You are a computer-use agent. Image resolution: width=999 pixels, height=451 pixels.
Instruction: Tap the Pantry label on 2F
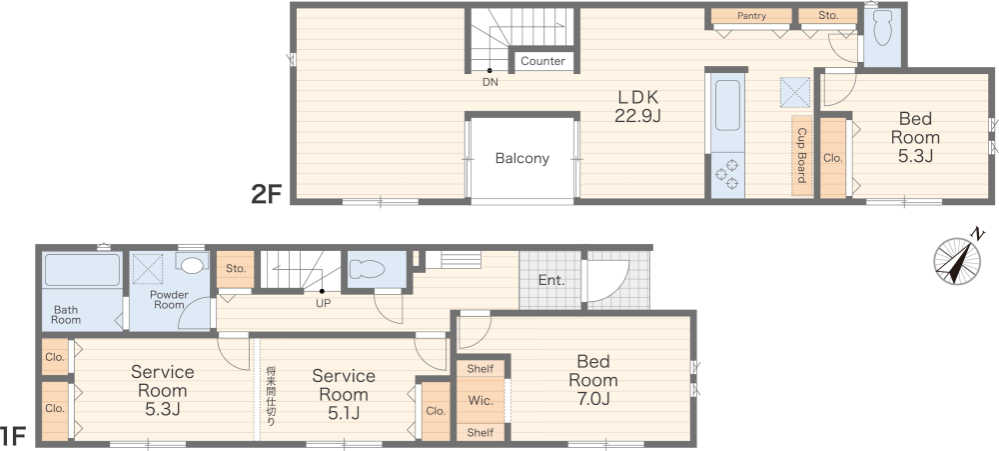pyautogui.click(x=751, y=16)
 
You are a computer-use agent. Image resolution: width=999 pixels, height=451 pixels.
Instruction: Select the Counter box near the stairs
pyautogui.click(x=542, y=61)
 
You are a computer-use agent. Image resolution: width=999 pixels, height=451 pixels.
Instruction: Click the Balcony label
pyautogui.click(x=522, y=158)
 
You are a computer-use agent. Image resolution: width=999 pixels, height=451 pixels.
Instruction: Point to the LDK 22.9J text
pyautogui.click(x=637, y=107)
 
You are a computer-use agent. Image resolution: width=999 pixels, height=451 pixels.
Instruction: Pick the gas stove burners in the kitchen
pyautogui.click(x=727, y=175)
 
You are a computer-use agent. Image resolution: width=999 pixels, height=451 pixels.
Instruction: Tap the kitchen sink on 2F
pyautogui.click(x=727, y=104)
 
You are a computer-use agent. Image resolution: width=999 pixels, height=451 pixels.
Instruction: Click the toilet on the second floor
pyautogui.click(x=882, y=27)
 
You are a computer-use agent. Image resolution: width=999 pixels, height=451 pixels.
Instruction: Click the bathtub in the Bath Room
pyautogui.click(x=82, y=270)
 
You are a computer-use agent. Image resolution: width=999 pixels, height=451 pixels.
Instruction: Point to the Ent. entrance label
pyautogui.click(x=551, y=280)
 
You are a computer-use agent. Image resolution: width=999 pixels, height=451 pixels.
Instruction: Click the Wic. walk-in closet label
pyautogui.click(x=481, y=401)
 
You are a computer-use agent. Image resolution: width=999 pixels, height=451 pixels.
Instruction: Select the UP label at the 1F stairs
pyautogui.click(x=324, y=303)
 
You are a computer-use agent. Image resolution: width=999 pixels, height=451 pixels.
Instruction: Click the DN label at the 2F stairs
pyautogui.click(x=490, y=82)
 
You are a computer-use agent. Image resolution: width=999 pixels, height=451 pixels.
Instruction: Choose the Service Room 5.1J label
pyautogui.click(x=344, y=394)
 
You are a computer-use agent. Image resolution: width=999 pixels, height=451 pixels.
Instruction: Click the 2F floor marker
pyautogui.click(x=267, y=194)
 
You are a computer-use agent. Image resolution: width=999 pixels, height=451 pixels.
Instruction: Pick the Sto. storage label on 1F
pyautogui.click(x=236, y=269)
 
